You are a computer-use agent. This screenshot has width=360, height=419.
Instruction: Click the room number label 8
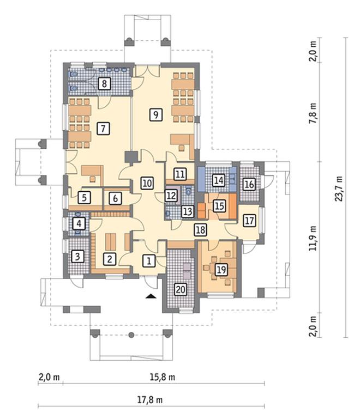coord(104,83)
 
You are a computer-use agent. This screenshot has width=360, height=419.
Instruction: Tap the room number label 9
coord(155,114)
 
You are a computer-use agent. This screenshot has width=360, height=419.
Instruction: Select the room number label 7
coord(103,129)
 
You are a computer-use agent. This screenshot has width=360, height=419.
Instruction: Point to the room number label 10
coord(147,183)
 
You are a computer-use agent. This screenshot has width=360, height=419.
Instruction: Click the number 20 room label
coord(181,289)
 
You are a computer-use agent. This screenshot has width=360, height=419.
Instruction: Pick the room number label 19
coord(221,270)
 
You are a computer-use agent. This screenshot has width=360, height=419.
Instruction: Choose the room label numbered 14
coord(219,180)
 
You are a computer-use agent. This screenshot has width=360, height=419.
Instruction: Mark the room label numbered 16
coord(249,184)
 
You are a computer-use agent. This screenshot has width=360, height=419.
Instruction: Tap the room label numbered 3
coord(77,257)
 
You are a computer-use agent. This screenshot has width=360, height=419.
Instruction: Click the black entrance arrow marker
coord(151,296)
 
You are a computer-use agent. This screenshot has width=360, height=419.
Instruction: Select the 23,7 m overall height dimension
coord(339,189)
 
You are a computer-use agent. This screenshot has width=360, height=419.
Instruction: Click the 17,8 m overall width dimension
coord(150,400)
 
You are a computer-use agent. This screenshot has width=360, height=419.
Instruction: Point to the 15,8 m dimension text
coord(163,377)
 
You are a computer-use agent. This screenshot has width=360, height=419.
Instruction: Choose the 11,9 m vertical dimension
coord(313,238)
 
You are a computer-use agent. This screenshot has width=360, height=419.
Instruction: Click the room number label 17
coord(249,221)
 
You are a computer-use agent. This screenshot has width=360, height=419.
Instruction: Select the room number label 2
coord(110,259)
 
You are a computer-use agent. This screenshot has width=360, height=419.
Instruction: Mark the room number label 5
coord(84,198)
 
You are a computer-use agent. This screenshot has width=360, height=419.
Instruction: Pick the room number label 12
coord(171,196)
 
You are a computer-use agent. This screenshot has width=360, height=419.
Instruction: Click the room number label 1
coord(149,260)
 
